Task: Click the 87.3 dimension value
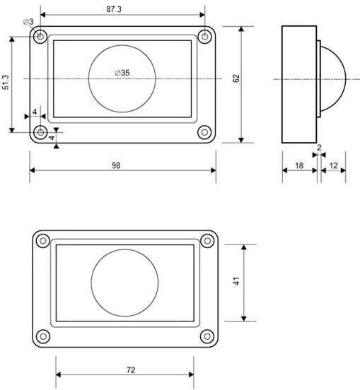point(114,9)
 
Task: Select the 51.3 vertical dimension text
point(6,82)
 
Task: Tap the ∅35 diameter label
point(122,73)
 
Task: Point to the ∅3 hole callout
point(28,22)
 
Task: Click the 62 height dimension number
point(236,78)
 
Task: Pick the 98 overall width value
point(116,165)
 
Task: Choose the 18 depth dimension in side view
point(299,165)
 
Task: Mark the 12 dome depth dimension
point(333,165)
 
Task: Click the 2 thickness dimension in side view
point(319,148)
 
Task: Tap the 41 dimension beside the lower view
point(236,280)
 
